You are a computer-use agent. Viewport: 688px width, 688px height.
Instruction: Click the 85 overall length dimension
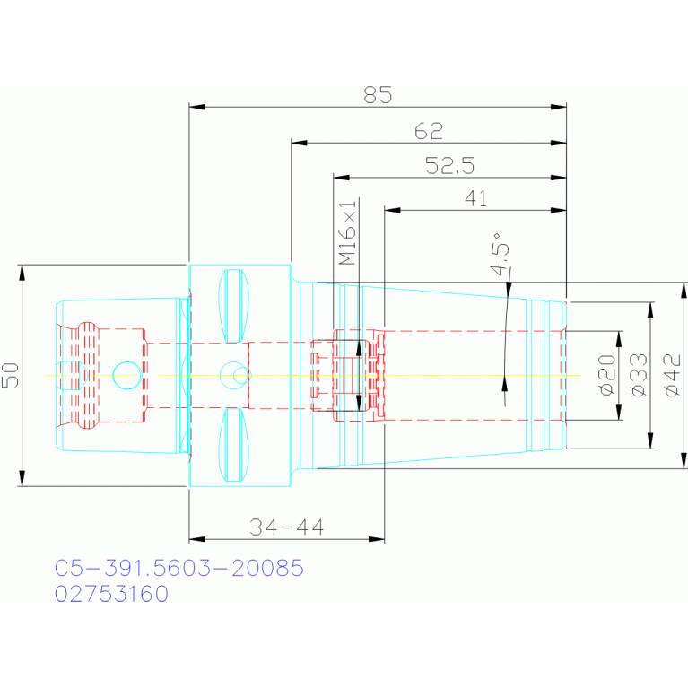click(x=378, y=95)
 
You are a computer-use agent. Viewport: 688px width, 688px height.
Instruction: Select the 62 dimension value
click(x=429, y=131)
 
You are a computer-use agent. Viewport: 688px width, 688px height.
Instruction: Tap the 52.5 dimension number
click(x=450, y=165)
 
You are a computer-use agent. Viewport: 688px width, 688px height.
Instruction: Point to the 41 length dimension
click(x=475, y=199)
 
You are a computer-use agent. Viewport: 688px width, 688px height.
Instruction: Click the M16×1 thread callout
click(x=348, y=233)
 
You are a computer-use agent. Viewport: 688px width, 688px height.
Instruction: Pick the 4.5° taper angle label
click(x=501, y=254)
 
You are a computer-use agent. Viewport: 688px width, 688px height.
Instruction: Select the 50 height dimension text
click(x=11, y=375)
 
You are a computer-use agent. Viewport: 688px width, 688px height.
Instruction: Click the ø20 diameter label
click(x=607, y=375)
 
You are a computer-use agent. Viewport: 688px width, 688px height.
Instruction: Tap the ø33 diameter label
click(x=640, y=375)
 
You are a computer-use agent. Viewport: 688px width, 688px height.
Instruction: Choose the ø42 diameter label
click(x=673, y=376)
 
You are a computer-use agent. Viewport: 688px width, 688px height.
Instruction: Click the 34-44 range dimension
click(x=286, y=527)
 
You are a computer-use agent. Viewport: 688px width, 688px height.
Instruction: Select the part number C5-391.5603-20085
click(x=179, y=568)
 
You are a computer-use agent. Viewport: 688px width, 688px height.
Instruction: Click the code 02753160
click(x=111, y=594)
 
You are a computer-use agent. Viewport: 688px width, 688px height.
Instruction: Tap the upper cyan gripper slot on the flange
click(x=234, y=306)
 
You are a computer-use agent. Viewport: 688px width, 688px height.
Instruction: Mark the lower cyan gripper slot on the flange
click(x=234, y=445)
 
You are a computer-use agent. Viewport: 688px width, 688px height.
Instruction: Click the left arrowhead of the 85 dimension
click(x=197, y=107)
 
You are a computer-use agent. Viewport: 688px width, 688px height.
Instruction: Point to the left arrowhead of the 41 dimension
click(x=392, y=210)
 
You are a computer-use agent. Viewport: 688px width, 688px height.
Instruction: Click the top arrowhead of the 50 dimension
click(x=22, y=273)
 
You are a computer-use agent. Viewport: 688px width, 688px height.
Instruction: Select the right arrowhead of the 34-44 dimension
click(x=377, y=539)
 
